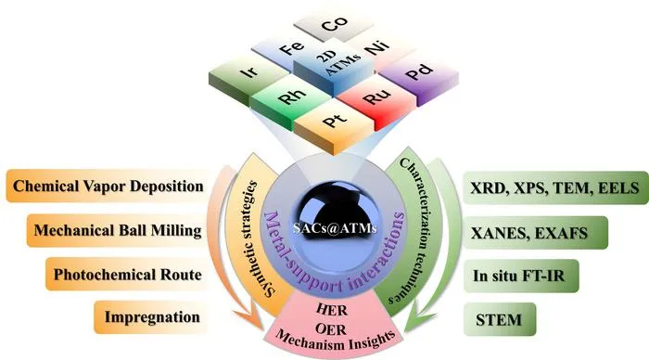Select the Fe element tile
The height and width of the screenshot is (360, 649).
[x=288, y=50]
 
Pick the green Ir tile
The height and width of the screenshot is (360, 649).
[x=248, y=76]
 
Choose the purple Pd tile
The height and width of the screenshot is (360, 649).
[x=419, y=76]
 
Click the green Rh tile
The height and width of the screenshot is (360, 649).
[x=292, y=99]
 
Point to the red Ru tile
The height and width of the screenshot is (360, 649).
[x=375, y=100]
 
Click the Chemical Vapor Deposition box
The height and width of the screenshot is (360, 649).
[x=108, y=186]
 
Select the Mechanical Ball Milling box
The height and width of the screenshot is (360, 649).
[x=118, y=230]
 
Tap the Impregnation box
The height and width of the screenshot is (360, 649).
[x=151, y=317]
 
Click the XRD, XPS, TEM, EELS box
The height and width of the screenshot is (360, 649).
[x=555, y=188]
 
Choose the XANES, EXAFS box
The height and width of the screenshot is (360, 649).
[x=535, y=232]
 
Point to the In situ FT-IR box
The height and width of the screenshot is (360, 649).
[x=520, y=276]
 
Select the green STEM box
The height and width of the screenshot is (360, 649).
[x=499, y=319]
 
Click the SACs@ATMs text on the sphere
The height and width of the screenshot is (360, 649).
[x=335, y=228]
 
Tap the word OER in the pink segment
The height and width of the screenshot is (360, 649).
[x=331, y=329]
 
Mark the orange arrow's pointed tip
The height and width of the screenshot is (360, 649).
[x=263, y=329]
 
